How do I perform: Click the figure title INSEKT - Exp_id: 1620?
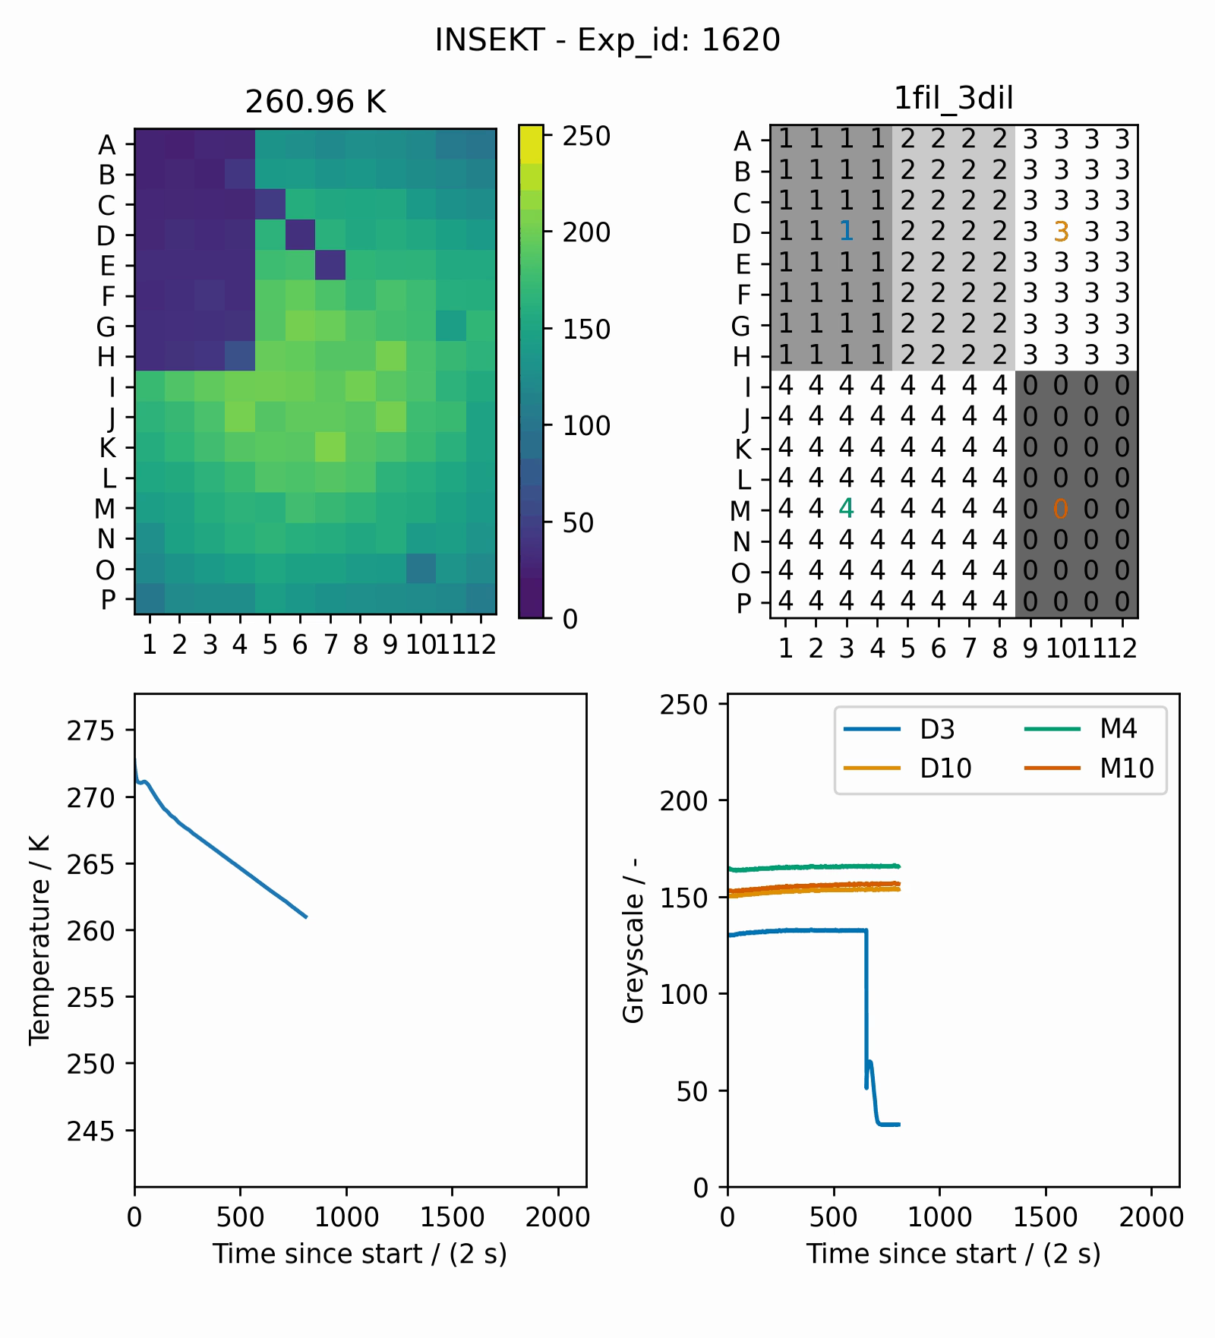607,39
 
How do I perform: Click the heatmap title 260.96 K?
315,102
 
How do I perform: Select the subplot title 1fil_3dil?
953,98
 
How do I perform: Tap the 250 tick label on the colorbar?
586,137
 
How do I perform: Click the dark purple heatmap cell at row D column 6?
300,235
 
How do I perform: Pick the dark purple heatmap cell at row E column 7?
330,265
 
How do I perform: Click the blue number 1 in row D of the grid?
846,232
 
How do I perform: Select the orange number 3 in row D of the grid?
1061,232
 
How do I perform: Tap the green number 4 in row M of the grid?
846,508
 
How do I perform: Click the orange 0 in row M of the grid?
1061,509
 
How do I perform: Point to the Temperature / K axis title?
39,940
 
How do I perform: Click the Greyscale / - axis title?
633,940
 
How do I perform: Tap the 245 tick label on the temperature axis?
90,1131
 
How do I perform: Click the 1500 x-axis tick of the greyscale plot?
1045,1217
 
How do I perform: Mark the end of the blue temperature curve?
306,917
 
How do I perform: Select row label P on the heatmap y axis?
108,600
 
